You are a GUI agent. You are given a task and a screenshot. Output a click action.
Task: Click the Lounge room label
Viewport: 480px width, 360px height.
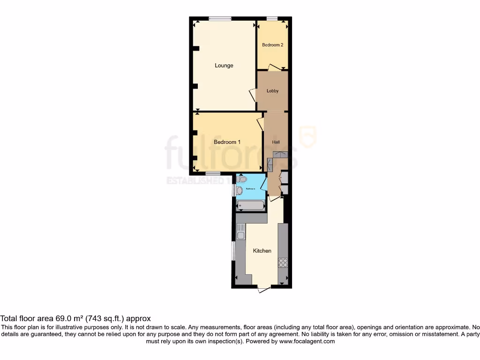pos(224,66)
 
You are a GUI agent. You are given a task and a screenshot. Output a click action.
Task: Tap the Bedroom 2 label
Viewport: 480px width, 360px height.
pos(272,45)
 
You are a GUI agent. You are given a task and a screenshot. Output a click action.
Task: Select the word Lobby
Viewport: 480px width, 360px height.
pos(272,91)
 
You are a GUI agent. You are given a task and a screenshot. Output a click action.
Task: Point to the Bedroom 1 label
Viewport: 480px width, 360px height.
pos(227,142)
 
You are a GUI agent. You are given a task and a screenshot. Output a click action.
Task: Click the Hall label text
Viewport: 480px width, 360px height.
pos(276,142)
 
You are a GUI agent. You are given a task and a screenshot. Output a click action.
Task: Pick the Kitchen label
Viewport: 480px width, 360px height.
pos(262,251)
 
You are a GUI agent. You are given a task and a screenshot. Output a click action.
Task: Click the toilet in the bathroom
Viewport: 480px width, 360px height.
pos(242,179)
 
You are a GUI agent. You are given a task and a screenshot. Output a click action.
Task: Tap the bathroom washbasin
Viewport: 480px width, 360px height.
pos(239,190)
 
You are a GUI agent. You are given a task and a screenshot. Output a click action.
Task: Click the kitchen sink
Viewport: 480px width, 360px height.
pos(240,232)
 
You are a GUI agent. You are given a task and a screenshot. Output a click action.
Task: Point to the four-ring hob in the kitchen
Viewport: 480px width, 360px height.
pos(283,263)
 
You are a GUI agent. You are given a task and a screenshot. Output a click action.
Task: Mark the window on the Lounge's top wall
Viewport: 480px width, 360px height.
pos(220,19)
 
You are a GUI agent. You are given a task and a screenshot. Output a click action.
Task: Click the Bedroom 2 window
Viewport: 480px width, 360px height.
pos(272,19)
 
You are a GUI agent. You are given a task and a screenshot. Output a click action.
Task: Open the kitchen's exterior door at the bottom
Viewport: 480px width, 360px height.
pos(264,289)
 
